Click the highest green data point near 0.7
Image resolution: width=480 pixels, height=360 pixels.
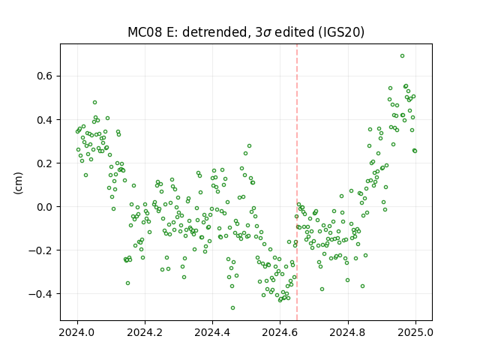[402, 56]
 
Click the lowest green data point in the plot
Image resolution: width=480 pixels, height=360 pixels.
[233, 308]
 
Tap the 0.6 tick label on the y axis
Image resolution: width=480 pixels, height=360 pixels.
[45, 76]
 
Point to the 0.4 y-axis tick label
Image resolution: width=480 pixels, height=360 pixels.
[45, 120]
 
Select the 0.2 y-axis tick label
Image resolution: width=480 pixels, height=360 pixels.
[45, 163]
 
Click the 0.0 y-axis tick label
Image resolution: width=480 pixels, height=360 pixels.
[45, 207]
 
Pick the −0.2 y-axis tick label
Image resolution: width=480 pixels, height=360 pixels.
[40, 250]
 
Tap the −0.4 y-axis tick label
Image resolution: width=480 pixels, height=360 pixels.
[40, 294]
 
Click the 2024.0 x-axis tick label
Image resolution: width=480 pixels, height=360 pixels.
[77, 332]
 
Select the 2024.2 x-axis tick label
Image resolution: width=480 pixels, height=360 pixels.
[145, 332]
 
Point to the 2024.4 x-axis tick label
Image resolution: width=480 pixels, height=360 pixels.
[212, 332]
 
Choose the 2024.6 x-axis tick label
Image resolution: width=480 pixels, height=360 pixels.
[280, 332]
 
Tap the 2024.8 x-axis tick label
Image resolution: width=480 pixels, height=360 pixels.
[348, 332]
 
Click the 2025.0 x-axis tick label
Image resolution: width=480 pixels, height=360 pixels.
[415, 332]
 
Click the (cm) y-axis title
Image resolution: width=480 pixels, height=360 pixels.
[18, 183]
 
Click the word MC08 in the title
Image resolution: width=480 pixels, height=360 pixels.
[145, 32]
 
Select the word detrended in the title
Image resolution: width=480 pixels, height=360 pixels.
[215, 32]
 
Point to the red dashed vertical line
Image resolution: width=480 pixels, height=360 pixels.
[297, 182]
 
